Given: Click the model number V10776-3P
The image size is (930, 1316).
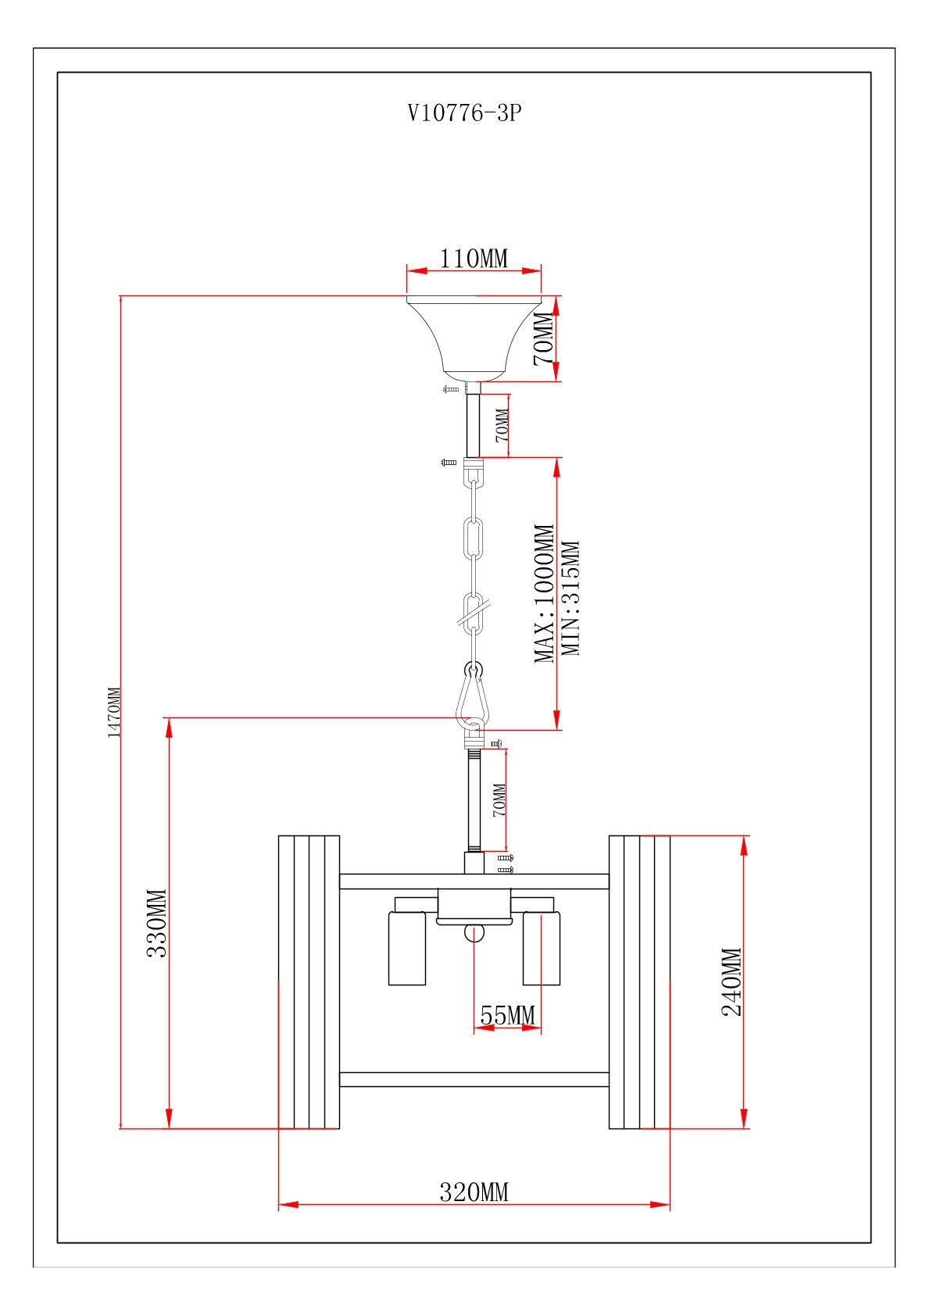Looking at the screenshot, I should tap(464, 113).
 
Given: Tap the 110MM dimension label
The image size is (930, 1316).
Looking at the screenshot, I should tap(474, 258).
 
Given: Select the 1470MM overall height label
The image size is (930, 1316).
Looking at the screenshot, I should tap(114, 712).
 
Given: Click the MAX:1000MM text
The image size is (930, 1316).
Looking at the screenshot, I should tap(544, 593).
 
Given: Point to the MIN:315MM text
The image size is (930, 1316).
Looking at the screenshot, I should tap(571, 598).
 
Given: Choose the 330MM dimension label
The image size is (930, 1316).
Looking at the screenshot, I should tap(157, 923).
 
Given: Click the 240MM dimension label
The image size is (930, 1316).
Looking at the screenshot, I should tap(731, 982).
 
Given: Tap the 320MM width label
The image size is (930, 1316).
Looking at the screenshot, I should tap(474, 1193).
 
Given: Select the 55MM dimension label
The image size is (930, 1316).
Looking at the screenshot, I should tap(507, 1015).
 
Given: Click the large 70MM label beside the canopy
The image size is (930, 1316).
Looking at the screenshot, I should tap(543, 338).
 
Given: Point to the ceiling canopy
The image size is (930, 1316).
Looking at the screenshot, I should tap(474, 336).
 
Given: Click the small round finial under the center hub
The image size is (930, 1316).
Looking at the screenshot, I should tap(474, 932).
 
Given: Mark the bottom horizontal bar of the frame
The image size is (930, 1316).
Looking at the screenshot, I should tap(474, 1079).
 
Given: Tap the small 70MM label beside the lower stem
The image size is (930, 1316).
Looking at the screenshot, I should tap(499, 799).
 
